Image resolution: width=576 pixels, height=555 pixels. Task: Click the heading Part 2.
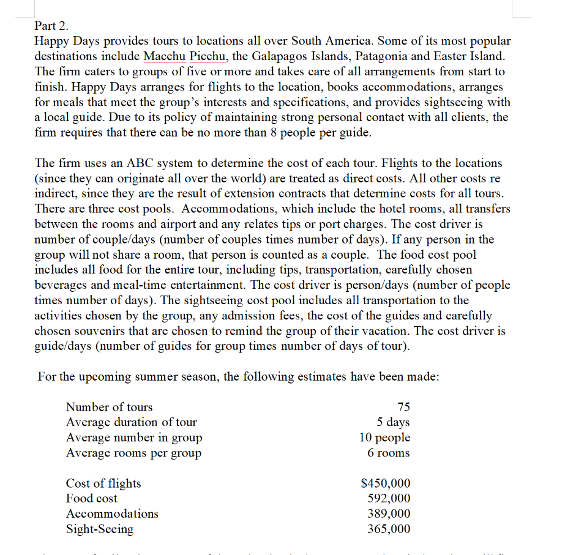pos(51,26)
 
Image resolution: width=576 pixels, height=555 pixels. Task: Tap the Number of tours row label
pos(109,407)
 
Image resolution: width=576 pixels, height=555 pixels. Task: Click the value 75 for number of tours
pos(403,407)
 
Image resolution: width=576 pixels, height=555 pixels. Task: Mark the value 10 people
pos(385,437)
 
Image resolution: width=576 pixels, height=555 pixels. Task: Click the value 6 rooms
pos(388,453)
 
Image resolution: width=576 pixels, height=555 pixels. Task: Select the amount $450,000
pos(385,484)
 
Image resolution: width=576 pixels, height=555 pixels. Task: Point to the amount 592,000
pos(388,498)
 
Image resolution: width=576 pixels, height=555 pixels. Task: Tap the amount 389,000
pos(388,513)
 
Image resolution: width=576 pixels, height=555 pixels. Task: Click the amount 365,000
pos(388,529)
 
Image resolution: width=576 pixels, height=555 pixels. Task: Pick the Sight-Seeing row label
pos(100,529)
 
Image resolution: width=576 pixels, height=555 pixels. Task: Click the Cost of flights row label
pos(103,484)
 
